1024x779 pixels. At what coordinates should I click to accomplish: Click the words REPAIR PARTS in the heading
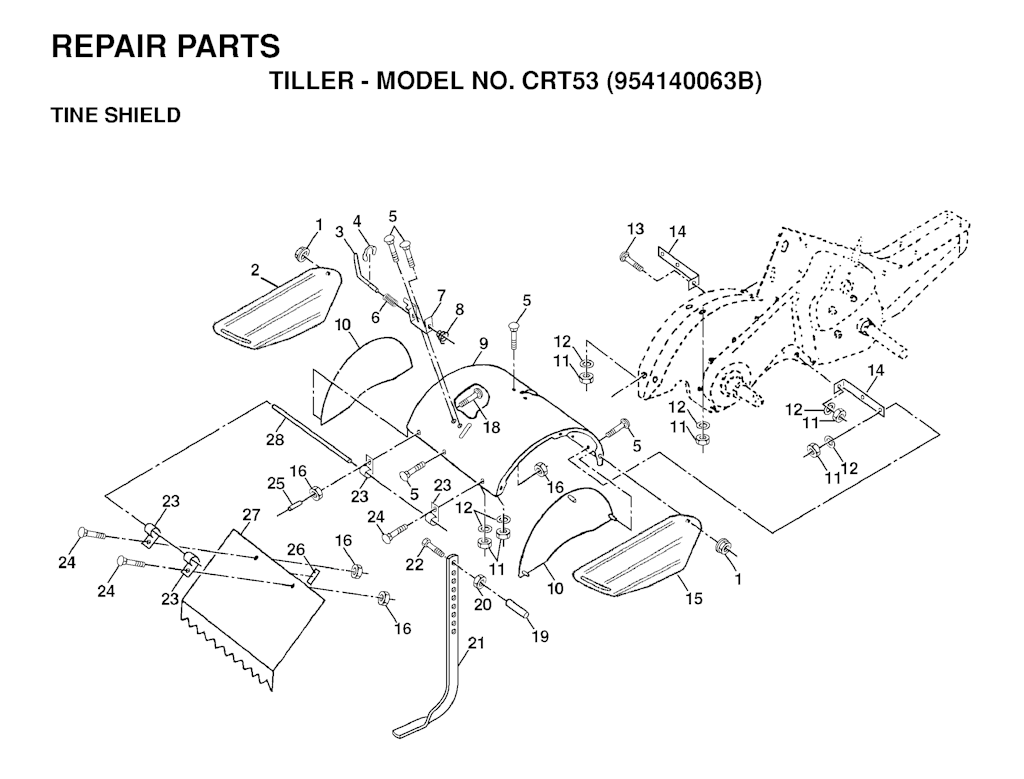pos(166,46)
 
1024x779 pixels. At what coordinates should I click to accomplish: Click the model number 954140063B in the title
pos(683,82)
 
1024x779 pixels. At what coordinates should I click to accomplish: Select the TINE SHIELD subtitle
pos(116,115)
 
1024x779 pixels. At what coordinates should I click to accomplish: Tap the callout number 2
pos(255,270)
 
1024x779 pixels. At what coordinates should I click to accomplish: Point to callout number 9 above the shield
pos(483,342)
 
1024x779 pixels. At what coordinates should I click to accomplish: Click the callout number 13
pos(635,229)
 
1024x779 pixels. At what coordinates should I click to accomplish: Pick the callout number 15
pos(694,597)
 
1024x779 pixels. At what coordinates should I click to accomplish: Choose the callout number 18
pos(491,427)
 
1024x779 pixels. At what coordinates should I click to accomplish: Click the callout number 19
pos(540,637)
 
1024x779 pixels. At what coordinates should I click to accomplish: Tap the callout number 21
pos(477,643)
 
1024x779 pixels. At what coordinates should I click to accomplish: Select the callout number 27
pos(251,515)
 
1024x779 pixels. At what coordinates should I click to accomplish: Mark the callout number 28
pos(275,439)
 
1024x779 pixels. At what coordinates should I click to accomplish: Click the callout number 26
pos(296,550)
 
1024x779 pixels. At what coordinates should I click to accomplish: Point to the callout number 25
pos(276,483)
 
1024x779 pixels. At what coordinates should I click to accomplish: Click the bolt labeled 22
pos(435,547)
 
